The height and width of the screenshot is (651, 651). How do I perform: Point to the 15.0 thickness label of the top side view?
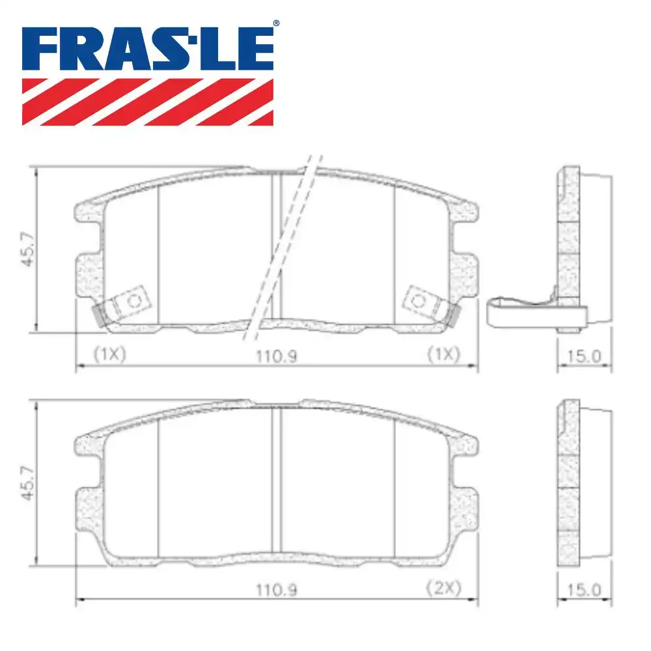coord(584,355)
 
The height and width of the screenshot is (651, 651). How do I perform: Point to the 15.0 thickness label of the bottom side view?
coord(584,589)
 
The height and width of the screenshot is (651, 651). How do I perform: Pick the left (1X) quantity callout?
coord(108,355)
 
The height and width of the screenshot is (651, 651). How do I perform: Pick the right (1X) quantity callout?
coord(443,355)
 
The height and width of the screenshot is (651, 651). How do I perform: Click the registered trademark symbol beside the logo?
coord(276,24)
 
